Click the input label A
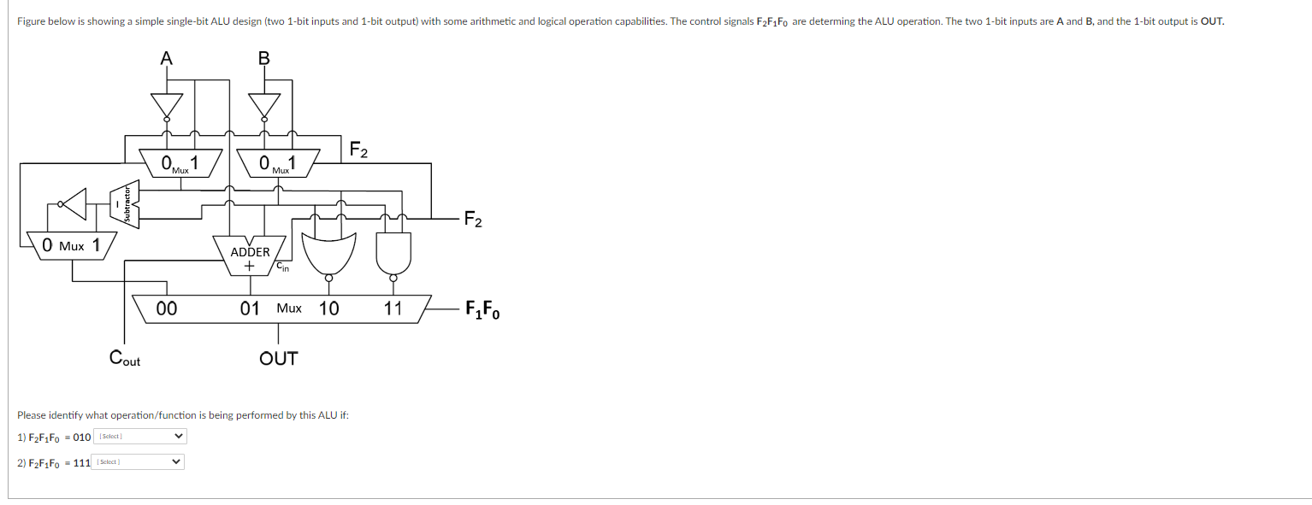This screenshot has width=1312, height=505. coord(166,58)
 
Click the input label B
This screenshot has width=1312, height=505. coord(263,58)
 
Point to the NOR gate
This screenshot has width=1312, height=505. coord(328,248)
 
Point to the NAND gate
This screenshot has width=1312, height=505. coord(393,248)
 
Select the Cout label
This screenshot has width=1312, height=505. coord(125,358)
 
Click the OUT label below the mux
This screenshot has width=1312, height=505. coord(279,358)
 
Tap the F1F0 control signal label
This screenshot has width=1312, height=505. coord(482,309)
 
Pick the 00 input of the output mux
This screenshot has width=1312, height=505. coord(167,308)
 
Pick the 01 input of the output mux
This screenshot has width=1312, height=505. coord(250,308)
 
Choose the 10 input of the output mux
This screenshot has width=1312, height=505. coord(328,308)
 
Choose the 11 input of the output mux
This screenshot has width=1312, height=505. coord(393,308)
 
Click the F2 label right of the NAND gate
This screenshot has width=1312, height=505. coord(473,221)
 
